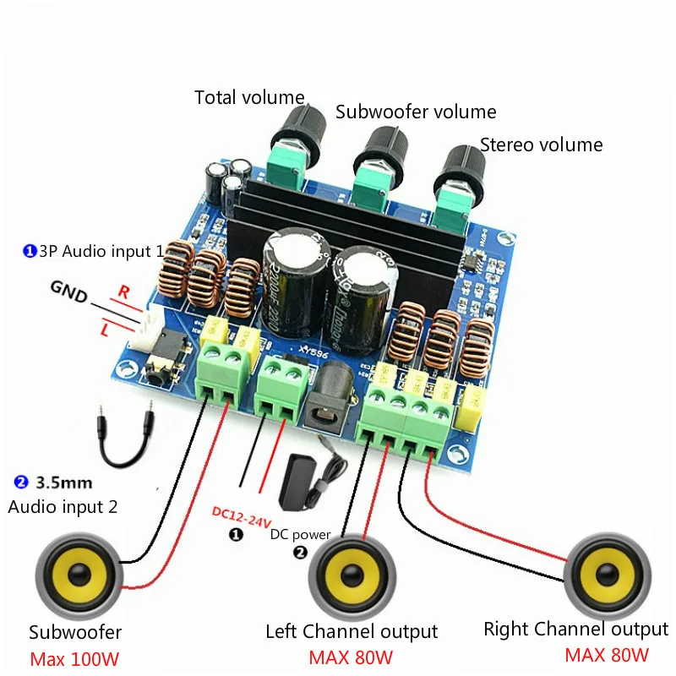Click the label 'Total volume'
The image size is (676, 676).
[x=249, y=97]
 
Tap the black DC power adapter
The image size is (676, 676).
[x=303, y=482]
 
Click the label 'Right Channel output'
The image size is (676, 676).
[x=575, y=630]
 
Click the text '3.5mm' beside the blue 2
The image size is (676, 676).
[x=64, y=483]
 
